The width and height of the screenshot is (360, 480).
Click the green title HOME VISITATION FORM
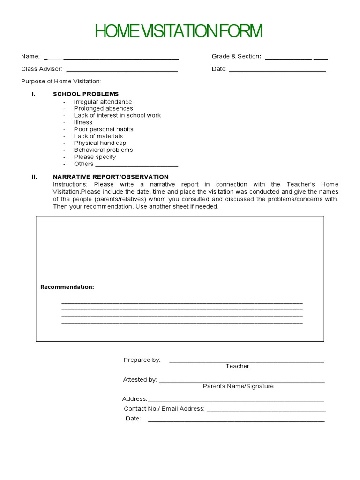click(179, 32)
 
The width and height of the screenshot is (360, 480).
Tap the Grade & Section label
click(236, 56)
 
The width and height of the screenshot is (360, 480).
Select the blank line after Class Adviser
click(122, 71)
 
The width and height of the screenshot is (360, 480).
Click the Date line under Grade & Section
click(277, 71)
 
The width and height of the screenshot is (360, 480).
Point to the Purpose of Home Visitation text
click(61, 81)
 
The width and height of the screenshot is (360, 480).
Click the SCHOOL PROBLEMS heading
click(86, 94)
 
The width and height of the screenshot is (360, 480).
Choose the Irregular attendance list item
click(103, 102)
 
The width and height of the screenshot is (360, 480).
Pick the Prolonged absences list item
click(103, 108)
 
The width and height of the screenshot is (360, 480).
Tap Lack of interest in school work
click(117, 115)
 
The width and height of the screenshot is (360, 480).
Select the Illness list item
click(83, 122)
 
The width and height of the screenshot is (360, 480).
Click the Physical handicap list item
click(100, 143)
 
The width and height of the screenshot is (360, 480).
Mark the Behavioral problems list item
click(103, 150)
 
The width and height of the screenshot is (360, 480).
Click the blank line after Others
click(136, 165)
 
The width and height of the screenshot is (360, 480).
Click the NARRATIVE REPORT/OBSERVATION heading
click(111, 177)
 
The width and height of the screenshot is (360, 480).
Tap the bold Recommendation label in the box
click(67, 287)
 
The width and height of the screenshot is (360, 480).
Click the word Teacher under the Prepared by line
click(238, 366)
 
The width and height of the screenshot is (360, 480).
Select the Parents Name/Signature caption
click(238, 386)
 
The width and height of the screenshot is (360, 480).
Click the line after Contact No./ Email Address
click(266, 410)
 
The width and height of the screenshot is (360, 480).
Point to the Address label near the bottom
click(135, 399)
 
